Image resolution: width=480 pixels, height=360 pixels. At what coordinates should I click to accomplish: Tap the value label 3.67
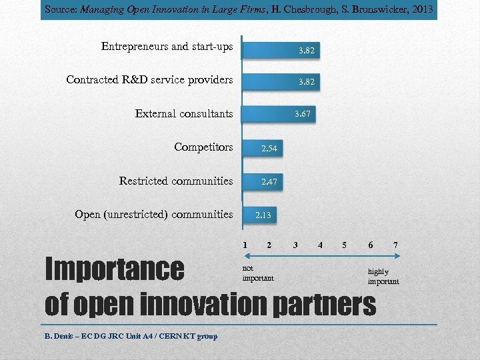click(x=303, y=115)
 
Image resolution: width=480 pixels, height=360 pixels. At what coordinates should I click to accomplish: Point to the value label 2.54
click(x=269, y=149)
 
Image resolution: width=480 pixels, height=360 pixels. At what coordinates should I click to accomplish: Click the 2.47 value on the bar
click(x=269, y=181)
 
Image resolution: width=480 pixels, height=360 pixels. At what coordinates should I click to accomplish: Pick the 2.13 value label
click(x=263, y=215)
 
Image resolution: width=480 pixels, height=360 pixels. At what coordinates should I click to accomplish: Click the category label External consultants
click(x=184, y=113)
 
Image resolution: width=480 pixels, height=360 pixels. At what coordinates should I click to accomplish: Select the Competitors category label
click(x=203, y=147)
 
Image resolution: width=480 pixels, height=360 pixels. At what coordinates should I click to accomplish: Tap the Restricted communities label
click(x=176, y=181)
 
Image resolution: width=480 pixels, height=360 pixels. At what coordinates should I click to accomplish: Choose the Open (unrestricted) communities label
click(x=154, y=214)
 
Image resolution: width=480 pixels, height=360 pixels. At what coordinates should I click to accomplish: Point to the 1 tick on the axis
click(x=245, y=245)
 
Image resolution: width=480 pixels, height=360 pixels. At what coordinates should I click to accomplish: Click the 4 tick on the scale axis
click(x=320, y=245)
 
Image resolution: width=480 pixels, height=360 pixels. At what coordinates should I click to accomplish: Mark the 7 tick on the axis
click(x=395, y=245)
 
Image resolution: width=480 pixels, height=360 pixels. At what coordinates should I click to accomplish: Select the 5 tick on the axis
click(x=345, y=245)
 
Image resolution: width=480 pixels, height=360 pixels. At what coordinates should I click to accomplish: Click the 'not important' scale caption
click(x=258, y=273)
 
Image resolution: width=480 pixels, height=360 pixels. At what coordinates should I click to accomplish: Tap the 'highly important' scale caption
click(x=383, y=277)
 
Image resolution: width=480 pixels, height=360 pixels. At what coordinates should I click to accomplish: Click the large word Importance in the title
click(x=114, y=269)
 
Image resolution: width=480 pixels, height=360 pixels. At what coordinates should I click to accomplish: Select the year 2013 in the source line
click(x=421, y=9)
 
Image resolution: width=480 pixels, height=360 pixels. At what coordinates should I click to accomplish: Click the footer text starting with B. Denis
click(x=131, y=336)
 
